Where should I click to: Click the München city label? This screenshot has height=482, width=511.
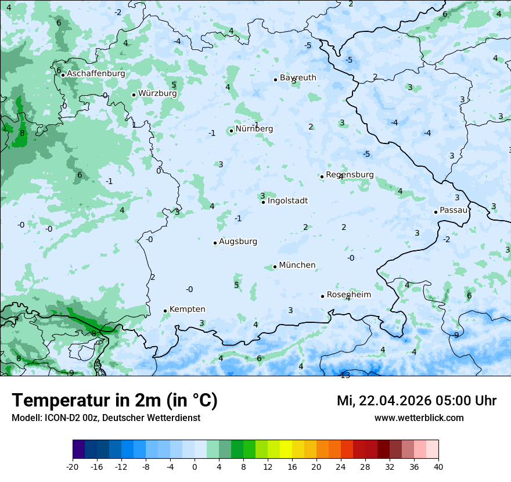297,265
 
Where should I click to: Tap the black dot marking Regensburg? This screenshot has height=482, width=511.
322,177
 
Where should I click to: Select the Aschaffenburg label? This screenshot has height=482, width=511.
96,74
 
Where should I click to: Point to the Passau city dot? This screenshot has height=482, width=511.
436,212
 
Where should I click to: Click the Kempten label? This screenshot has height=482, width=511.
187,310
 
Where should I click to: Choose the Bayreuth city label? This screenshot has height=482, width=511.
298,78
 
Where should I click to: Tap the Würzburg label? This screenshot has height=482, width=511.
157,93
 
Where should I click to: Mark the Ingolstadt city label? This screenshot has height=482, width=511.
287,201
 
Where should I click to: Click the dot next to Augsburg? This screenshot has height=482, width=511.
215,243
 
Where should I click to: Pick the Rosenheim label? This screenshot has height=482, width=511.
348,295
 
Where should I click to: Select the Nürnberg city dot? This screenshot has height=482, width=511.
231,131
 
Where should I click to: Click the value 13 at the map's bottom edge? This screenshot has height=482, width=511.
345,375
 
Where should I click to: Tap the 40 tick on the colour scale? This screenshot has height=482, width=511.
438,466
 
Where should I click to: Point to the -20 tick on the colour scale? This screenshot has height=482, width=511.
73,466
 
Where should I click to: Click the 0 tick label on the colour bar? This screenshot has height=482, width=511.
195,466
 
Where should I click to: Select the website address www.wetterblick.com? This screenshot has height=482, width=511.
419,418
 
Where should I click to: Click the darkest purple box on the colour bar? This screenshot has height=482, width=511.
78,449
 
